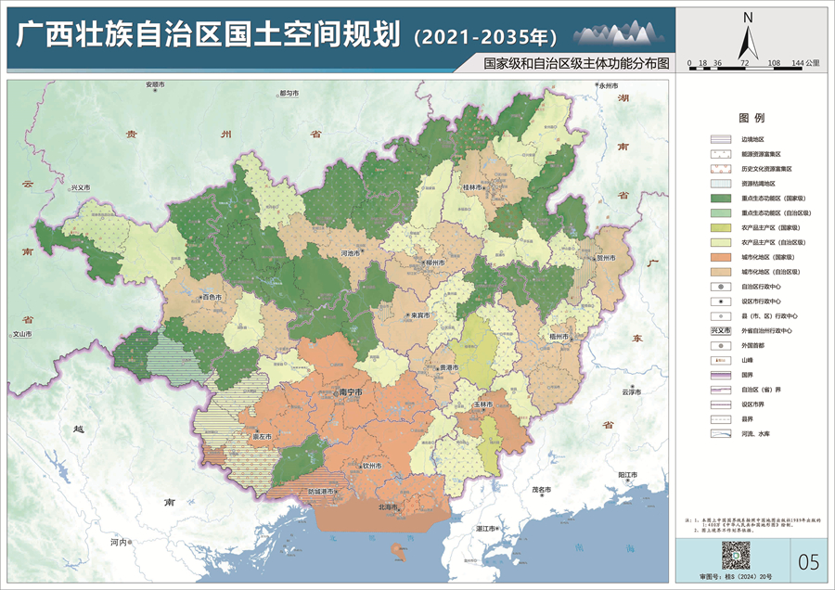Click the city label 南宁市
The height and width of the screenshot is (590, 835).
tap(350, 392)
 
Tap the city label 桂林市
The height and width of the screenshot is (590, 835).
tap(474, 186)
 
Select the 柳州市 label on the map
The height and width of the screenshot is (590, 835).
tap(433, 263)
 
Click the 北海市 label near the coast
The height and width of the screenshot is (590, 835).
tap(389, 507)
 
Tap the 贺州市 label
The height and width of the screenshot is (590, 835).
tap(606, 258)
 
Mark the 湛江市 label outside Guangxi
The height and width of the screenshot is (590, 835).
tap(486, 527)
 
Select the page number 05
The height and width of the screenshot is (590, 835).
tap(808, 561)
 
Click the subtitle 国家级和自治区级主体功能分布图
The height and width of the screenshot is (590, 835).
tap(569, 66)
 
